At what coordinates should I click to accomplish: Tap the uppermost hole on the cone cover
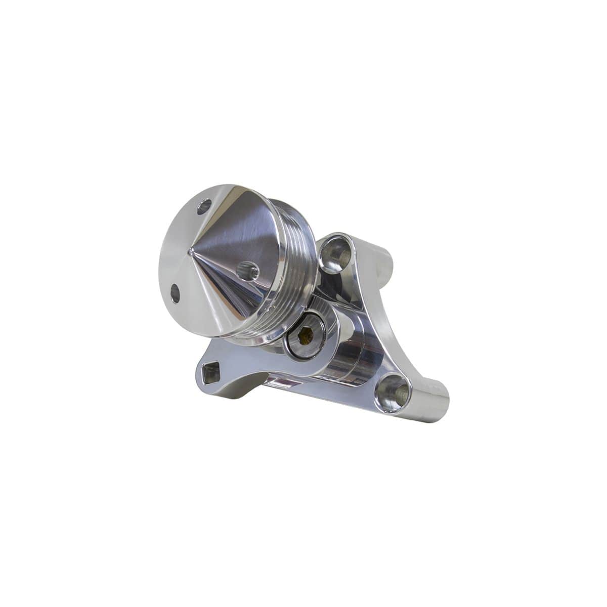click(205, 206)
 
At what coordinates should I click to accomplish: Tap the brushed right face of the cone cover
click(238, 238)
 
